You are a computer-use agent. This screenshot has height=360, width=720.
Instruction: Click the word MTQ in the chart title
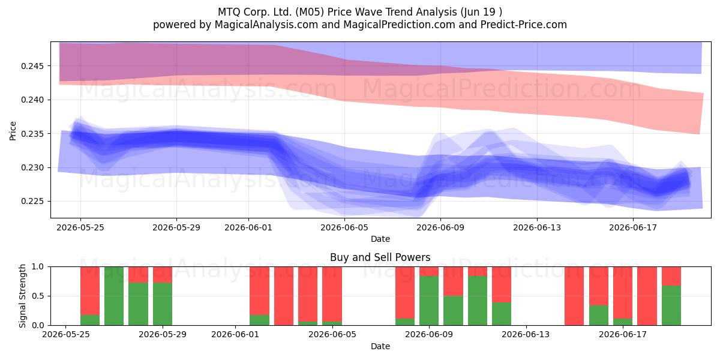click(229, 12)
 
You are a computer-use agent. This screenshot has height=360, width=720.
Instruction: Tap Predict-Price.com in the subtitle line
click(524, 25)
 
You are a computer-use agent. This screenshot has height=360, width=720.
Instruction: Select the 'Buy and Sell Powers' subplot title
click(380, 257)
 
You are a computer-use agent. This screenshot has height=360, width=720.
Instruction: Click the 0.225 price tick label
click(32, 202)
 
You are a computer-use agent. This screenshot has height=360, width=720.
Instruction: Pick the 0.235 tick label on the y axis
click(32, 134)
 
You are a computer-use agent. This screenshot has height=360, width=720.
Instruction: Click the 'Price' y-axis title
click(13, 131)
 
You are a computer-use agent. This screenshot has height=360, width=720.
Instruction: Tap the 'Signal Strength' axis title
click(22, 296)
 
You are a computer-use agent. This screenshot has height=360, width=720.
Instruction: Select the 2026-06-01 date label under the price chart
click(248, 227)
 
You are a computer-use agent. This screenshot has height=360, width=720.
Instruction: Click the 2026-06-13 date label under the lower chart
click(526, 335)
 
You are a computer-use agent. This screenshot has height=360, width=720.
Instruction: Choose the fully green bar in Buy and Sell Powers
click(114, 296)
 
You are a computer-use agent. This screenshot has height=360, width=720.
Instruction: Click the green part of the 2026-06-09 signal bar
click(429, 301)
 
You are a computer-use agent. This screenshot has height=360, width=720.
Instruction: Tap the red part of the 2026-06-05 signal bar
click(332, 294)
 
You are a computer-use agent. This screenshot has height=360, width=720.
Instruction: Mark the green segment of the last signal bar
click(671, 305)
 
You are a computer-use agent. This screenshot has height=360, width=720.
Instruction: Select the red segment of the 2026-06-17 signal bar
click(623, 293)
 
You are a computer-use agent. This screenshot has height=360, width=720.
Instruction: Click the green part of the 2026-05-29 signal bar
click(163, 304)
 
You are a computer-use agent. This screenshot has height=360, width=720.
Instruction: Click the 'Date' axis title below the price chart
click(380, 239)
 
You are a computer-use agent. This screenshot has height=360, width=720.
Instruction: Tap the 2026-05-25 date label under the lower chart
click(66, 335)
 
